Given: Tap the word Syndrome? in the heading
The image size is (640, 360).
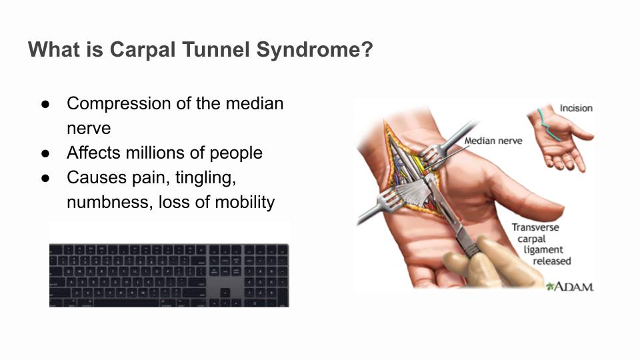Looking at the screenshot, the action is pos(315,51).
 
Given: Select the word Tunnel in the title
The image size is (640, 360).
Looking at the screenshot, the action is pos(216,49).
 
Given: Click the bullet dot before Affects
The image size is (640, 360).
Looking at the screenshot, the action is pos(45,153).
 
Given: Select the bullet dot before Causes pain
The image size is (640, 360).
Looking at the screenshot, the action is pos(45,178).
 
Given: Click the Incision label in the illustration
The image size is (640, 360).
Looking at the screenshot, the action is pos(576,108).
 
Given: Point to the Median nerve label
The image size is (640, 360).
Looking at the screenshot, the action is pos(493,141).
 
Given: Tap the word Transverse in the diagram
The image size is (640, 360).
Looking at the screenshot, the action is pos(535,227).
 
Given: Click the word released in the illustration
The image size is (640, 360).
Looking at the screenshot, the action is pos(552,261).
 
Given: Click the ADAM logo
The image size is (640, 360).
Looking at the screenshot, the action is pos(570,287).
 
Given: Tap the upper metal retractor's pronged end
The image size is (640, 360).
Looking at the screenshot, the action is pos(430,155).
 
